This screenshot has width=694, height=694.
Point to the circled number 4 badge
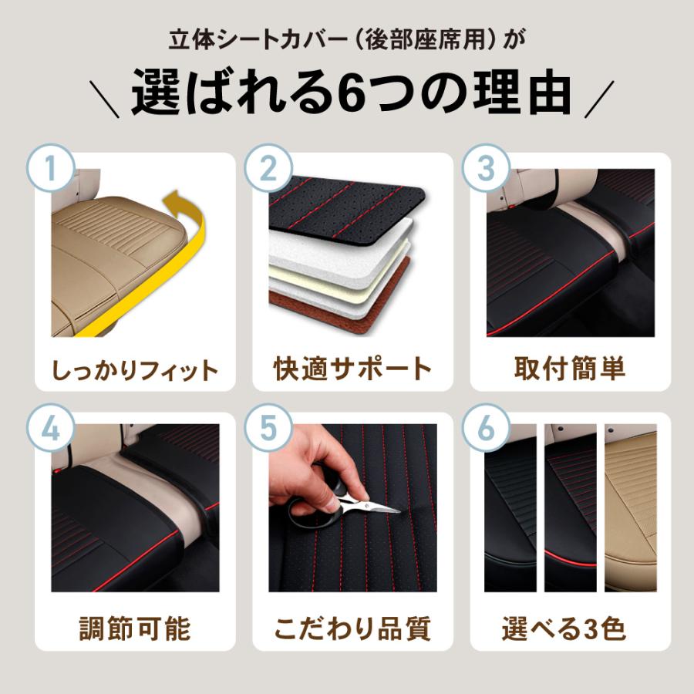pyautogui.click(x=51, y=427)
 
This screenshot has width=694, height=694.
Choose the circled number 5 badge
pyautogui.click(x=268, y=427)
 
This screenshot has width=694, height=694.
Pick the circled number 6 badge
pyautogui.click(x=486, y=427)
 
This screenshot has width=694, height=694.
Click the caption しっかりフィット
pyautogui.click(x=135, y=369)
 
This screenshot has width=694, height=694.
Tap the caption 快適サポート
pyautogui.click(x=352, y=369)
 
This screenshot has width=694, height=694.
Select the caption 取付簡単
pyautogui.click(x=570, y=369)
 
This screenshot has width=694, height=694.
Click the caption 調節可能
pyautogui.click(x=135, y=628)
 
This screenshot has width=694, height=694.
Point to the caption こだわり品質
pyautogui.click(x=352, y=628)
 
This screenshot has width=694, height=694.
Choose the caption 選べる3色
pyautogui.click(x=564, y=628)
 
